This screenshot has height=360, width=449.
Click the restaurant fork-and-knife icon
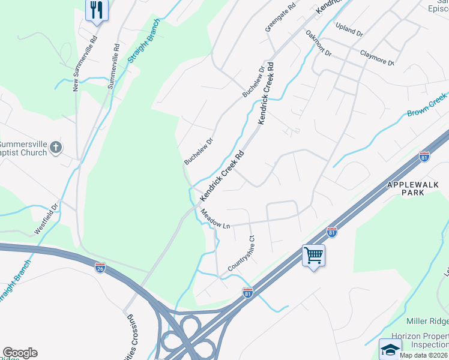[96, 10]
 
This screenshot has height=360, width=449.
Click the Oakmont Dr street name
[318, 44]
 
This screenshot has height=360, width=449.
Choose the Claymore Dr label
[377, 58]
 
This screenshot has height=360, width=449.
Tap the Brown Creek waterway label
[427, 105]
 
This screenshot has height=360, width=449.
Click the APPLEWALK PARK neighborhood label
[417, 190]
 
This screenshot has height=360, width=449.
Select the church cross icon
[56, 147]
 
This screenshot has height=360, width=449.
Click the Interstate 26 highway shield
[100, 267]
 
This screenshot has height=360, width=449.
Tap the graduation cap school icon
[390, 349]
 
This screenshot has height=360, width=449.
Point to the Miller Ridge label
[427, 322]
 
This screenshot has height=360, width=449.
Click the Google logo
[20, 353]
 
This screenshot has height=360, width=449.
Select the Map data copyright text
[424, 355]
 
